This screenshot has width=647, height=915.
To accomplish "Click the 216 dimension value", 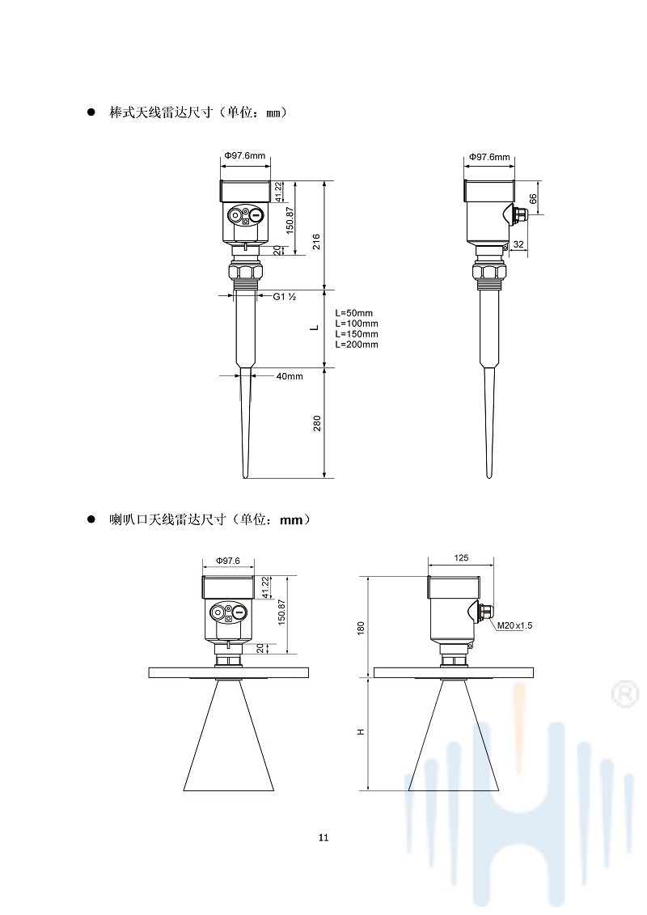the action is [315, 242].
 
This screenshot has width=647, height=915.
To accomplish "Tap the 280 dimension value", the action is [317, 423].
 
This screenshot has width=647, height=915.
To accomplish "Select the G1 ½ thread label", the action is [285, 296].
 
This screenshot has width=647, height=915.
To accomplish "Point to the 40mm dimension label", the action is [290, 376].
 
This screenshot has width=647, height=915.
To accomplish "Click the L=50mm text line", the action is [353, 313].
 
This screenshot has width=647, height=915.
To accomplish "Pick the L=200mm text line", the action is [357, 345].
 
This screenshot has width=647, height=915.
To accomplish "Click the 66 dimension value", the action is [533, 199].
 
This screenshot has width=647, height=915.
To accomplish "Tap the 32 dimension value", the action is [518, 245].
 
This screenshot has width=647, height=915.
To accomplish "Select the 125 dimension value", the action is [461, 558].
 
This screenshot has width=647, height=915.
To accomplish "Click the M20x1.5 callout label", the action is [514, 625].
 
